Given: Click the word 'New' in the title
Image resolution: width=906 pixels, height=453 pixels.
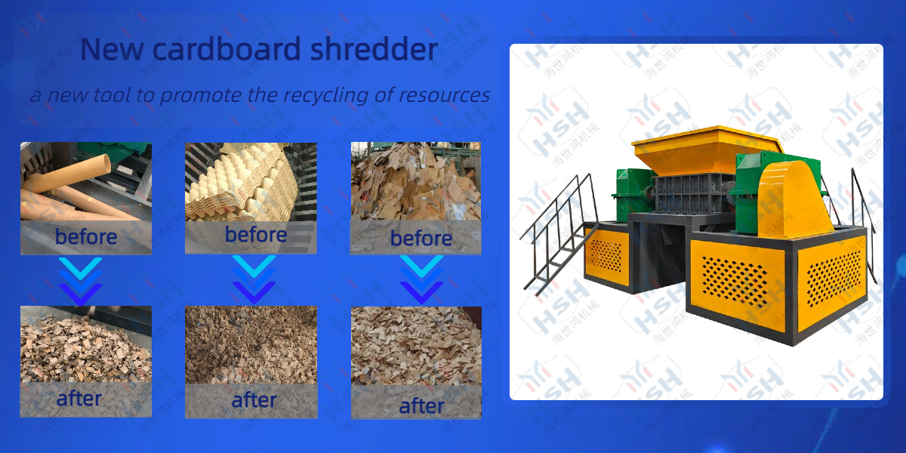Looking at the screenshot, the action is click(x=112, y=49).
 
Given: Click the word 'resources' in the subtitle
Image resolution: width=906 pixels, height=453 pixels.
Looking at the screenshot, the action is click(x=444, y=95).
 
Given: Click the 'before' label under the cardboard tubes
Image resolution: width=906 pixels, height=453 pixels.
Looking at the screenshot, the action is click(x=86, y=236).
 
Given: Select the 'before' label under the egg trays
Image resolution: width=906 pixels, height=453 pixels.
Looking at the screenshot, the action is click(x=256, y=235).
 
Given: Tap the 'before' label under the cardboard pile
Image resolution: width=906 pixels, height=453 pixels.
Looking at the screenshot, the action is click(x=421, y=238).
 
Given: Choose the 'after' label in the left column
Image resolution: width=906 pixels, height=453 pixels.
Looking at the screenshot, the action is click(x=79, y=399).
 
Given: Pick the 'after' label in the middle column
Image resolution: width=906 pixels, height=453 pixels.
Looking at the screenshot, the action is click(x=254, y=400).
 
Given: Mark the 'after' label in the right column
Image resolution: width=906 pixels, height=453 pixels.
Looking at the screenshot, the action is click(x=421, y=405).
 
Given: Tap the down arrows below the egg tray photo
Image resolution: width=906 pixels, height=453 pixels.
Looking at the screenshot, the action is click(x=254, y=280).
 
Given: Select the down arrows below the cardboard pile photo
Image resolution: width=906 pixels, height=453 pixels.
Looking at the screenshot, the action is click(x=421, y=280).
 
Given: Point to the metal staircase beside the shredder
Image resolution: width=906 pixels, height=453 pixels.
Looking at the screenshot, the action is click(x=560, y=233).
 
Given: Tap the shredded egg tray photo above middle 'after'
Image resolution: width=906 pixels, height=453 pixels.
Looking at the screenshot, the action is click(x=251, y=344).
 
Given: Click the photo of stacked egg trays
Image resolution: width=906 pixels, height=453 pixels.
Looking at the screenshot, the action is click(x=251, y=182).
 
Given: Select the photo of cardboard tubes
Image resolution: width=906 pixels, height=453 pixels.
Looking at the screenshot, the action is click(x=86, y=181).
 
